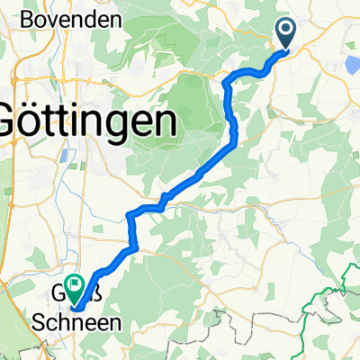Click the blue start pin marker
[287, 35]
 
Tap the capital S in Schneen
[40, 321]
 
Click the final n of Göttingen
[165, 121]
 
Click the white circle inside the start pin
[287, 31]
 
